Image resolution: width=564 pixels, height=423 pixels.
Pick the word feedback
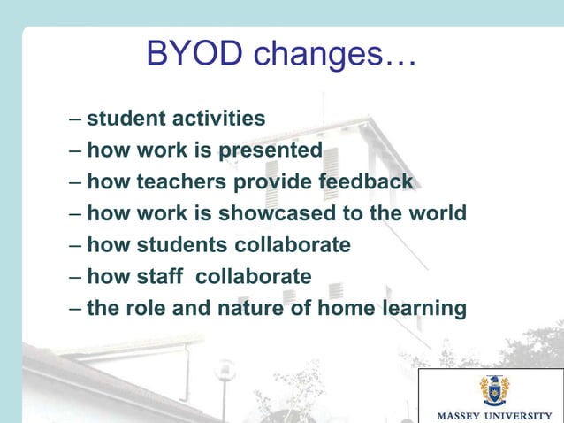tap(364, 181)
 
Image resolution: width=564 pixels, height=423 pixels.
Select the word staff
tap(163, 277)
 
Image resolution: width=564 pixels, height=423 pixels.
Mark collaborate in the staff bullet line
tap(254, 277)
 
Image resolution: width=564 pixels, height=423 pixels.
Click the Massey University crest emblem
tap(493, 388)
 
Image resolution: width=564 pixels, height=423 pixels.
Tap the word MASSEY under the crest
tap(459, 414)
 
